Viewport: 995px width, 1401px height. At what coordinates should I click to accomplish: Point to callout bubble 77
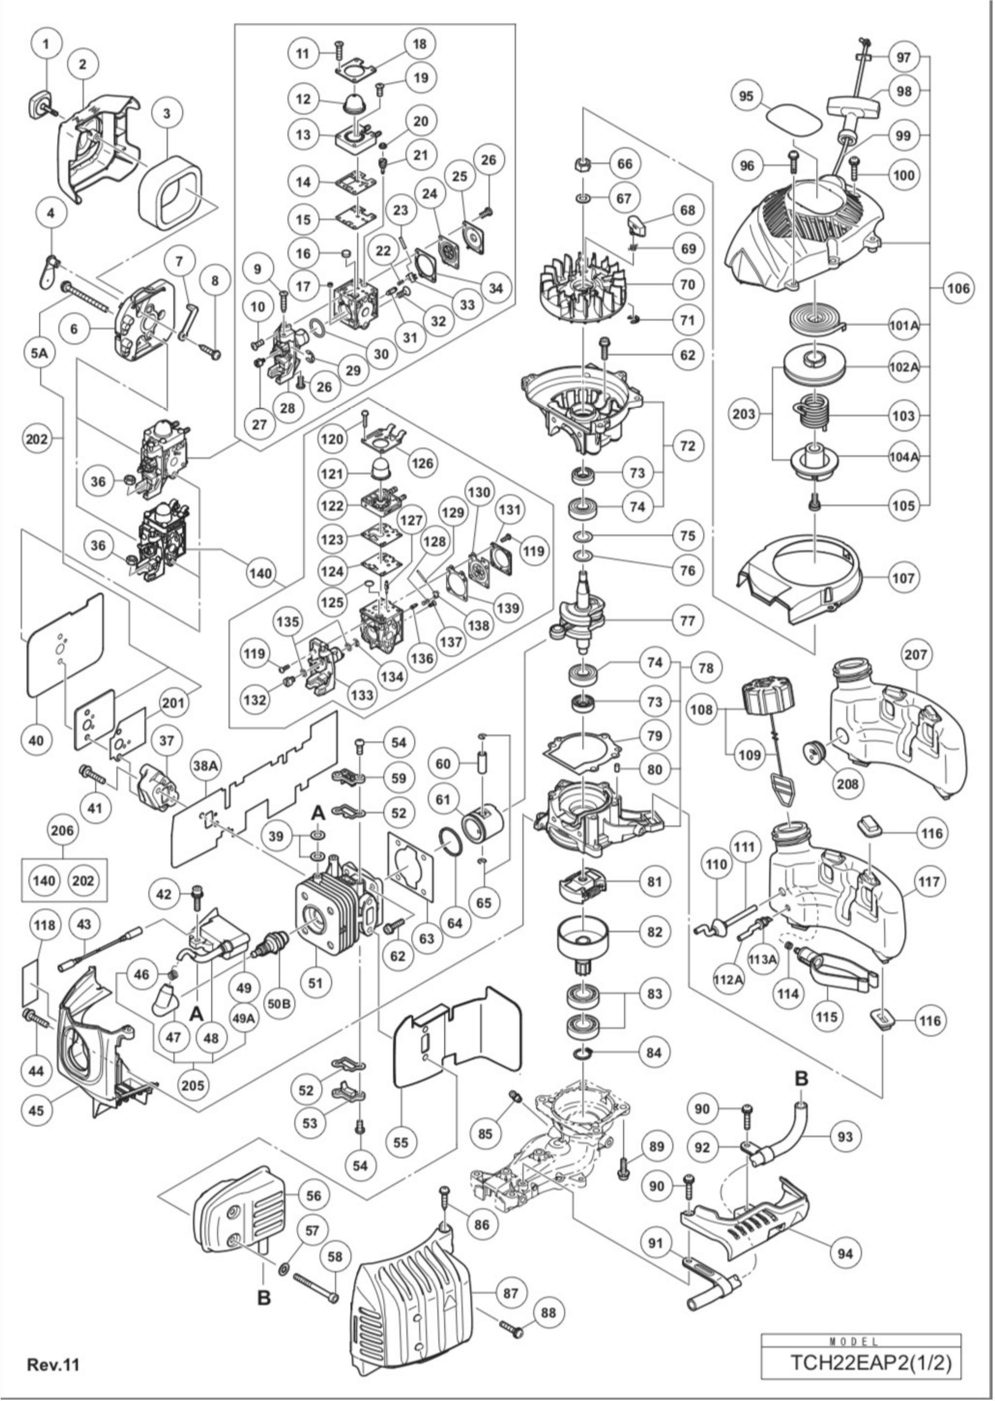click(688, 621)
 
